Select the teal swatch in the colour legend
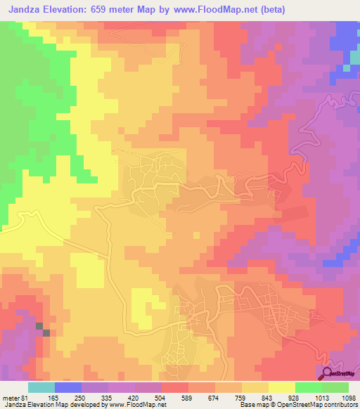pos(41,387)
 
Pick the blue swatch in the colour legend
pos(68,387)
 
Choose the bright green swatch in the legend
pos(309,387)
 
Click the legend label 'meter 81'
pos(15,397)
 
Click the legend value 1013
pos(321,397)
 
